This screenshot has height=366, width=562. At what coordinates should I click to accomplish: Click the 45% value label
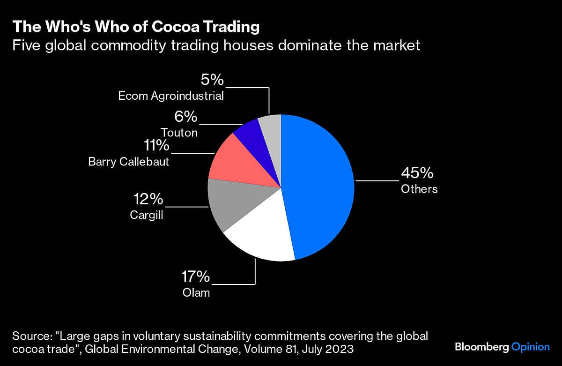417,173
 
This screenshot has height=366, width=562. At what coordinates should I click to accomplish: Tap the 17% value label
195,277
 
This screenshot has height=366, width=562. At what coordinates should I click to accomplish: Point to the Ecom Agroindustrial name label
171,96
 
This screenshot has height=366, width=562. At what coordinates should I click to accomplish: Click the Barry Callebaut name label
129,162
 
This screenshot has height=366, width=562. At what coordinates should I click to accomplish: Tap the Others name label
419,189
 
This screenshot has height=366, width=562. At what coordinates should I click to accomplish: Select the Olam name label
196,293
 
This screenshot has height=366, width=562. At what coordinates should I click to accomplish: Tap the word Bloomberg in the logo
481,347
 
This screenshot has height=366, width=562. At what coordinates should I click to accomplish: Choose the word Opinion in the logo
530,347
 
